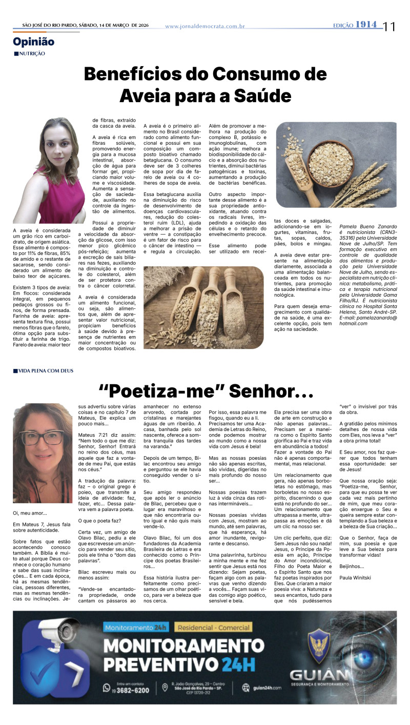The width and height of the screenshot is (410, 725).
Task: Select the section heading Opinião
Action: (34, 42)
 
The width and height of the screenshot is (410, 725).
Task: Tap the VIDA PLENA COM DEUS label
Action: (46, 370)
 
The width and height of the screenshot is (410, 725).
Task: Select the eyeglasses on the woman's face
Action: (43, 437)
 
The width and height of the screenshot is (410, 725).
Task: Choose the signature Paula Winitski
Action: (355, 578)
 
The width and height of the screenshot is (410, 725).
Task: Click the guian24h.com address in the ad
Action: (267, 688)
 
